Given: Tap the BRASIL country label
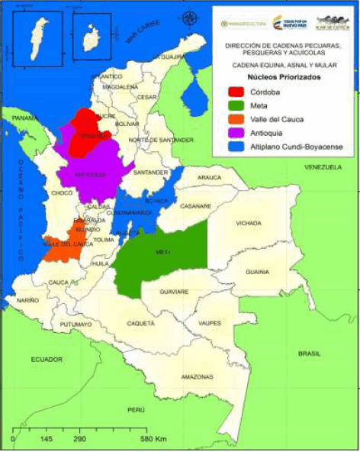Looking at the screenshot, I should pos(309,354).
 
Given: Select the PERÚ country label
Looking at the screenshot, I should pos(136,410).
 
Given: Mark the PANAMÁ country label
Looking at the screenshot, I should pos(24,119).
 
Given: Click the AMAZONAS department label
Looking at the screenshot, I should pos(197,377).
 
